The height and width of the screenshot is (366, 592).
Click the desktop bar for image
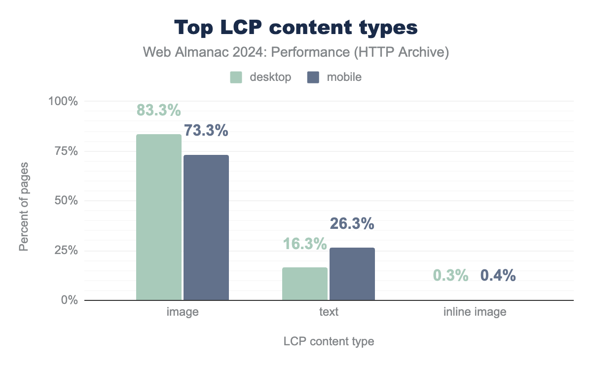pyautogui.click(x=159, y=217)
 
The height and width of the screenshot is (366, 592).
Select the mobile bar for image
pyautogui.click(x=206, y=227)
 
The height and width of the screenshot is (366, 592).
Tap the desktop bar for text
pyautogui.click(x=305, y=284)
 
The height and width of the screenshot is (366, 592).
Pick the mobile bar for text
pyautogui.click(x=352, y=274)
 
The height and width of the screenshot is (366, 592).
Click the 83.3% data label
pyautogui.click(x=159, y=110)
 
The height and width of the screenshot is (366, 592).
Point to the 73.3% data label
pyautogui.click(x=206, y=131)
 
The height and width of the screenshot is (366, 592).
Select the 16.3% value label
pyautogui.click(x=305, y=244)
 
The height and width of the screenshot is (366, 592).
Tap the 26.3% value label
pyautogui.click(x=352, y=224)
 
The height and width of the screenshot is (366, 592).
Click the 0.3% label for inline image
pyautogui.click(x=451, y=276)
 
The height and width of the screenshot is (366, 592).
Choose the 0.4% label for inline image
pyautogui.click(x=498, y=276)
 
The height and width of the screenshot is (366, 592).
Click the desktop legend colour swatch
pyautogui.click(x=236, y=77)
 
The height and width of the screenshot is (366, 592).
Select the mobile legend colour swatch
pyautogui.click(x=313, y=77)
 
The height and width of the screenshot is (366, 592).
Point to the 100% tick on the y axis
pyautogui.click(x=63, y=101)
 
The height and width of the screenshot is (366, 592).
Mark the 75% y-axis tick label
pyautogui.click(x=66, y=151)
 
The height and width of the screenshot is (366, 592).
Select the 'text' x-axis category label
pyautogui.click(x=329, y=312)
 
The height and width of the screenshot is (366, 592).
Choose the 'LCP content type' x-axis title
pyautogui.click(x=329, y=341)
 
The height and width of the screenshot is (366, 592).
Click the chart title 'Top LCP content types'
pyautogui.click(x=296, y=28)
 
